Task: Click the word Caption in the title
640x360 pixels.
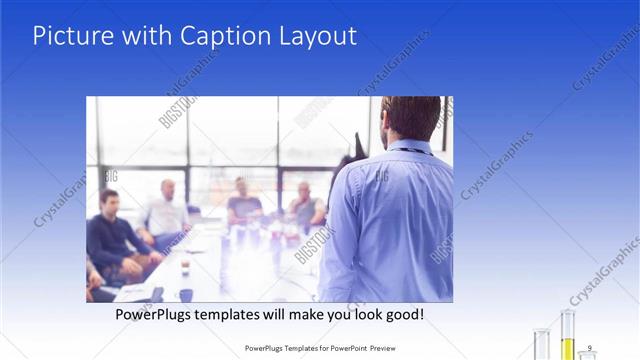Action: (218, 36)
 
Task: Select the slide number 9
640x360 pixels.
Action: (590, 347)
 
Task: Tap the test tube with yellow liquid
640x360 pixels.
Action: (567, 335)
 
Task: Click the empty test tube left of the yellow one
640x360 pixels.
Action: (542, 343)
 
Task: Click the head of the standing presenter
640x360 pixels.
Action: (409, 117)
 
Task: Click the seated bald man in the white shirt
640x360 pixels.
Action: (164, 213)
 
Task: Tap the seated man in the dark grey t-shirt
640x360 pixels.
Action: (243, 204)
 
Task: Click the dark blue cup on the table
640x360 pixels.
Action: (186, 294)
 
